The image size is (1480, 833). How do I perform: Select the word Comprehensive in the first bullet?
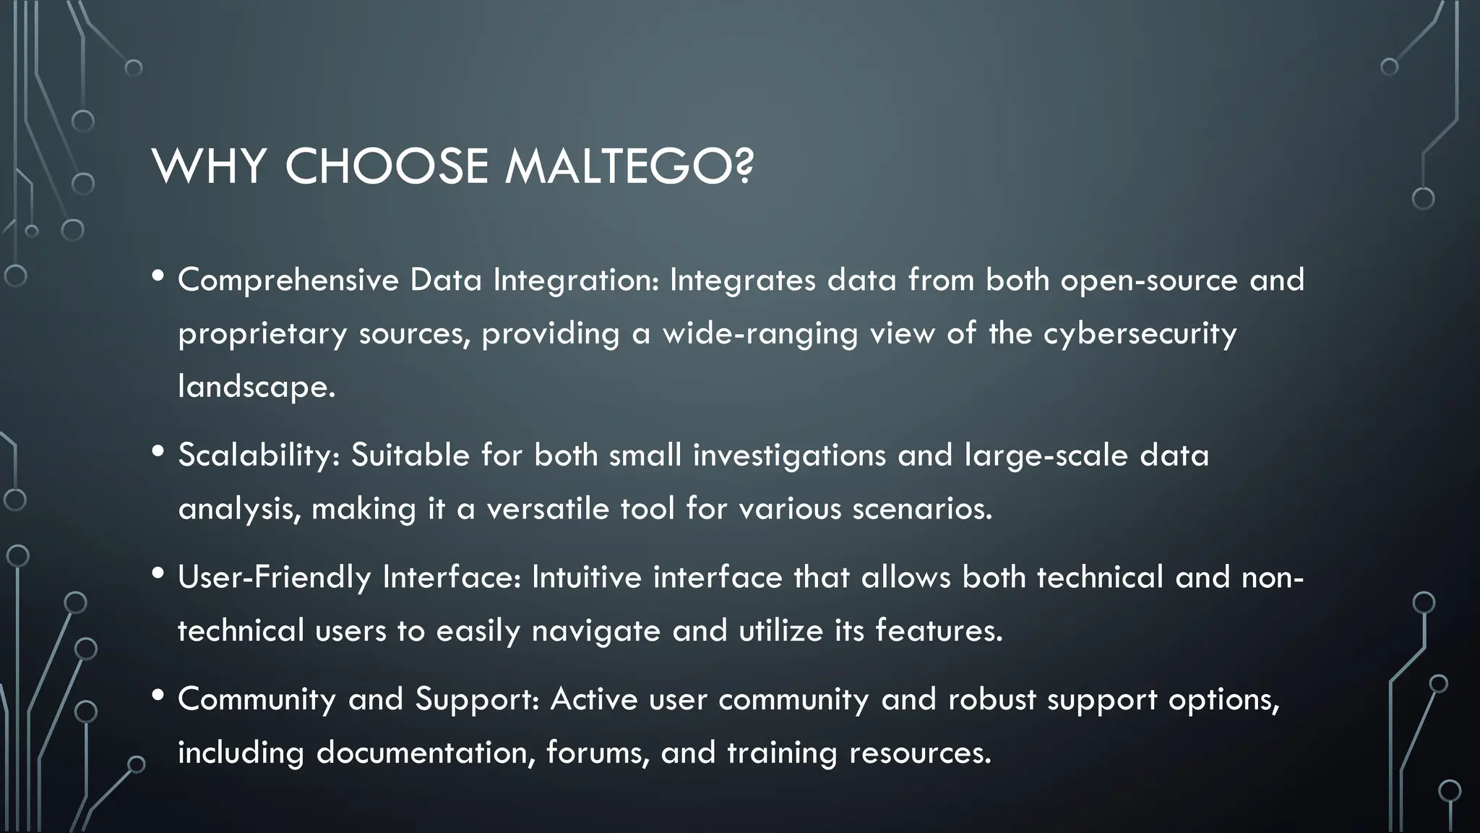288,281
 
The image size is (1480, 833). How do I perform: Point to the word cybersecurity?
1140,334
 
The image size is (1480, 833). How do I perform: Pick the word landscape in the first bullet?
256,387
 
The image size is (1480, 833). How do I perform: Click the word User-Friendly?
274,578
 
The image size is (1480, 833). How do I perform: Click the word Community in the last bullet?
257,699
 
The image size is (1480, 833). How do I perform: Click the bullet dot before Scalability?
158,452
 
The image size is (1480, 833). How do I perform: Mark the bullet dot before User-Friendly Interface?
158,573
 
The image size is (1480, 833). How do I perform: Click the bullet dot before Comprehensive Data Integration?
158,276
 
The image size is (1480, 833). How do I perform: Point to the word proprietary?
262,334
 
